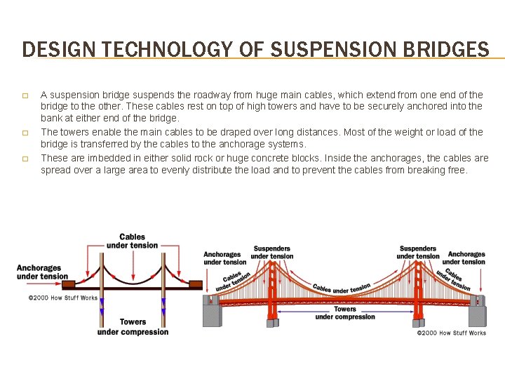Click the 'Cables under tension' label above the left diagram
point(133,241)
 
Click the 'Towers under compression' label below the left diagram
point(133,326)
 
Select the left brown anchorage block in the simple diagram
point(79,284)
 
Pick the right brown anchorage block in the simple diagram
point(196,284)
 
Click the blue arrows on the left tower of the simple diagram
point(102,306)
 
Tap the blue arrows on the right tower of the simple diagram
point(163,306)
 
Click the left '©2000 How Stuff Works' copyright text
point(62,298)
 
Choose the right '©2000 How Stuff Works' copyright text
point(451,333)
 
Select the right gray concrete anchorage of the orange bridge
point(477,311)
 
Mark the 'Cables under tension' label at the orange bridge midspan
point(342,288)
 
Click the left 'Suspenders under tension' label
point(272,252)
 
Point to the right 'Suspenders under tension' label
point(418,252)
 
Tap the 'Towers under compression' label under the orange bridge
point(345,313)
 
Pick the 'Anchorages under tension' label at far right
point(466,258)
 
